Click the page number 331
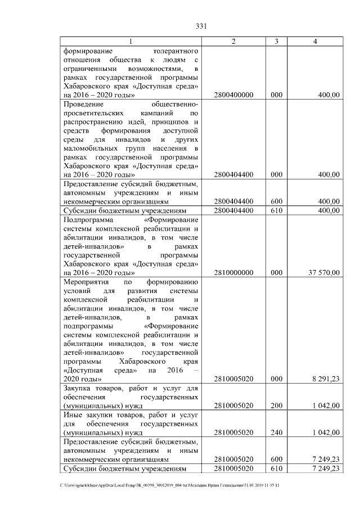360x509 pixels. click(x=202, y=26)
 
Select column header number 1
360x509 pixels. click(x=131, y=42)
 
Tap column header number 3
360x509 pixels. click(x=276, y=42)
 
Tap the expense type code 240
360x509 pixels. click(x=276, y=433)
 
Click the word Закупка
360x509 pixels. click(x=78, y=388)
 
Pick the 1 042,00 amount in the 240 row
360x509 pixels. click(x=326, y=433)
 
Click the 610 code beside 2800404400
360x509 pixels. click(x=276, y=210)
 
